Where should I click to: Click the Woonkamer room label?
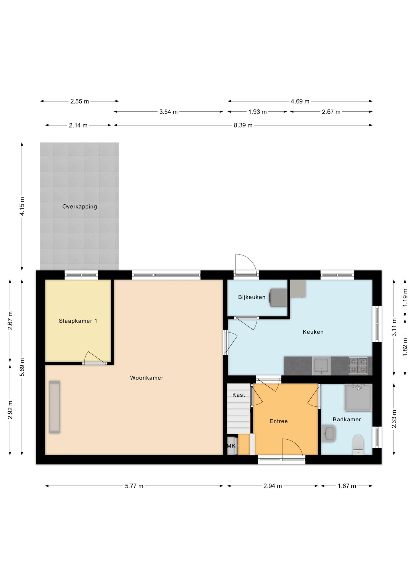point(147,378)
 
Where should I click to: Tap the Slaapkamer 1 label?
point(78,321)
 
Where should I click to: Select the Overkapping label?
point(80,206)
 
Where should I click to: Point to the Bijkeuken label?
point(252,297)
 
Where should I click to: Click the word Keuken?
point(313,332)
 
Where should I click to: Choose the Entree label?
point(279,421)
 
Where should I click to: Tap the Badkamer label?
point(347,419)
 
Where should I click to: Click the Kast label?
point(239,395)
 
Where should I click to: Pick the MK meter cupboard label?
point(231,446)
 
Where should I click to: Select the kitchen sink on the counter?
point(321,366)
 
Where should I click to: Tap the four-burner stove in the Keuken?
point(358,366)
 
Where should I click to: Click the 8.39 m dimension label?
point(243,125)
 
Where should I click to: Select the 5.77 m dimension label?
point(134,486)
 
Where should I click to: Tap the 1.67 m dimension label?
point(347,486)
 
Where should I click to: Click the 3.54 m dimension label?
point(169,112)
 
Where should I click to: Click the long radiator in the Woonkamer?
point(55,407)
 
